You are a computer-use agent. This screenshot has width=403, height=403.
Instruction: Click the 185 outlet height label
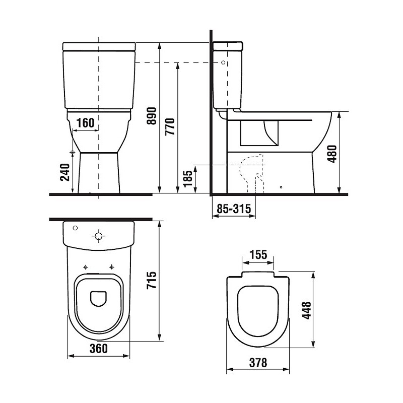tap(188, 179)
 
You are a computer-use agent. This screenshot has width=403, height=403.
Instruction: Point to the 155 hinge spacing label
tap(258, 254)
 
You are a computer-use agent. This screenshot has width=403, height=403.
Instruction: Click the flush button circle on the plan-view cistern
tap(99, 236)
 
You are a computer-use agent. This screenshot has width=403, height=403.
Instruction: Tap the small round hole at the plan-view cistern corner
tap(76, 228)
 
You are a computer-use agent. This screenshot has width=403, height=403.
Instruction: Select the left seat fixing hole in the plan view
tap(86, 267)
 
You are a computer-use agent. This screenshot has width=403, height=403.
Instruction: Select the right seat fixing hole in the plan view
tap(111, 267)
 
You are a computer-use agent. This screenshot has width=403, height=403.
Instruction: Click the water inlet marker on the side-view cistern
tap(222, 62)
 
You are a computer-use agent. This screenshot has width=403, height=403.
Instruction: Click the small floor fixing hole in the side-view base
tap(281, 188)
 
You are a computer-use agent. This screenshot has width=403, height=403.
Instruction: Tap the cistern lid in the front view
tap(99, 46)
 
